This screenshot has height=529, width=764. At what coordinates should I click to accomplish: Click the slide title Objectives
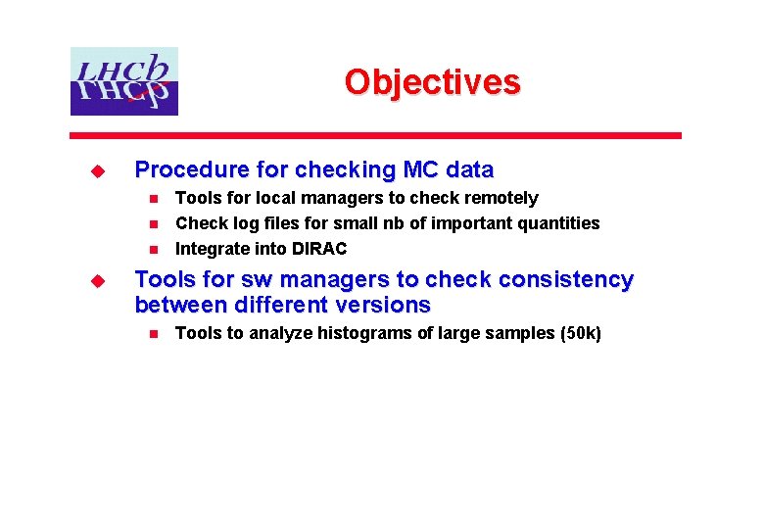pyautogui.click(x=432, y=81)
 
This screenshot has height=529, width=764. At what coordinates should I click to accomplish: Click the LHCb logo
pyautogui.click(x=123, y=81)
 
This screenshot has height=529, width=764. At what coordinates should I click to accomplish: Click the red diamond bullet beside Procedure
pyautogui.click(x=97, y=170)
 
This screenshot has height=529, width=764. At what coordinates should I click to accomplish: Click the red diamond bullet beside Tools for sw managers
pyautogui.click(x=97, y=280)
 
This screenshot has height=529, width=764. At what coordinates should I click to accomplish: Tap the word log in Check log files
pyautogui.click(x=238, y=223)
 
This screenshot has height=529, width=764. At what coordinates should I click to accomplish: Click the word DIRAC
pyautogui.click(x=319, y=249)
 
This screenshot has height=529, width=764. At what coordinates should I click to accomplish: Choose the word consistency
pyautogui.click(x=565, y=279)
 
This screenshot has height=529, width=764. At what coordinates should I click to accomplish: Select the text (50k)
pyautogui.click(x=580, y=333)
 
